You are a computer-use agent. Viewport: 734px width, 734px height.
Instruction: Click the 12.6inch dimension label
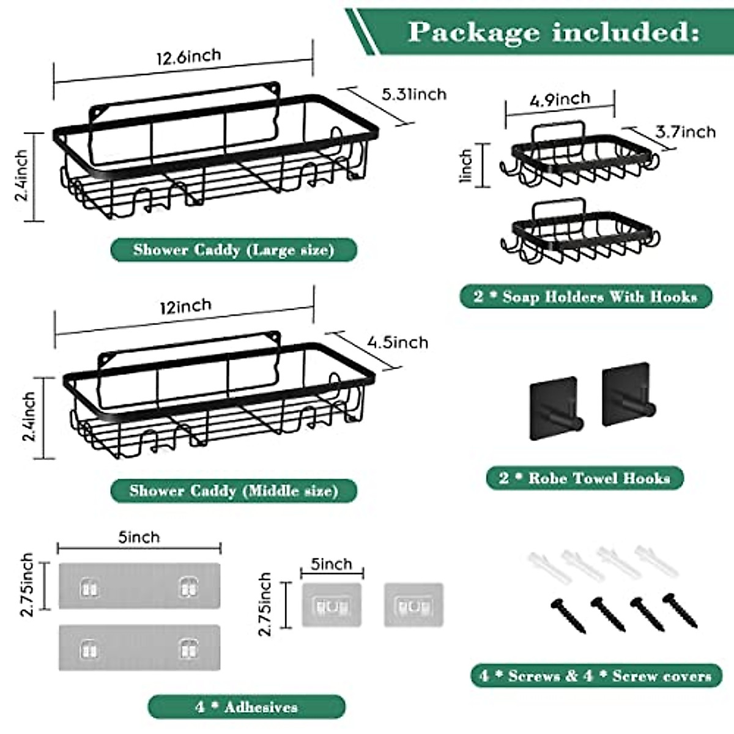[x=188, y=57]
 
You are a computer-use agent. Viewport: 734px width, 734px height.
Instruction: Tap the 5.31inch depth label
[x=414, y=94]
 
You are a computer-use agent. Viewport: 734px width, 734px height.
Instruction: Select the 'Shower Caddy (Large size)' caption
[x=234, y=250]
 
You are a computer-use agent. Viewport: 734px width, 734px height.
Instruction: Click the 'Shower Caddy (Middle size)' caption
[x=234, y=491]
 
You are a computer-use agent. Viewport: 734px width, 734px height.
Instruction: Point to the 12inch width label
[x=185, y=306]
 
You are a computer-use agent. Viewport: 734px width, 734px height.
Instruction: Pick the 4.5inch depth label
[x=398, y=342]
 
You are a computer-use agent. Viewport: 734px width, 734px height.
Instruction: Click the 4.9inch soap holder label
[x=560, y=99]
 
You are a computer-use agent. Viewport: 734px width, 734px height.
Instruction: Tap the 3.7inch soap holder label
[x=685, y=132]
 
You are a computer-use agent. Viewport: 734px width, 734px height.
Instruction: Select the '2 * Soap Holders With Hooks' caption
[x=585, y=297]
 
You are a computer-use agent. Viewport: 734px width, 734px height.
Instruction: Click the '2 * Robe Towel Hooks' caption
[x=585, y=478]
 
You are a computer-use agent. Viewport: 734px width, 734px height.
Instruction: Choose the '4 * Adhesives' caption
[x=247, y=707]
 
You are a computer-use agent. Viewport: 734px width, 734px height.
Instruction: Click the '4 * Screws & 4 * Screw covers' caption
[x=596, y=676]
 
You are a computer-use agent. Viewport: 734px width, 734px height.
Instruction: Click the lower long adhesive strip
[x=139, y=647]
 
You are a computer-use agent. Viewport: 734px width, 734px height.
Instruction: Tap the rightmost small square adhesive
[x=413, y=605]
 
